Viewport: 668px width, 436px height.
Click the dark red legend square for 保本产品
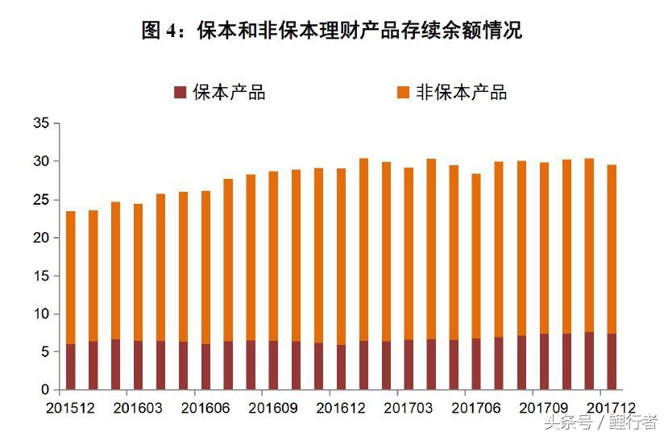(180, 92)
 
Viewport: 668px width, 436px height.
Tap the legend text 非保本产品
(461, 92)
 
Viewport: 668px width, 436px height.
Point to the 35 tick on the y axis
(41, 123)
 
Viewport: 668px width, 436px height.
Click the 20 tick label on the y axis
(41, 238)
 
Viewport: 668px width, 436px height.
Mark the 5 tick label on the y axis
(45, 352)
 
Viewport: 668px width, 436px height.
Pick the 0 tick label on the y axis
(45, 390)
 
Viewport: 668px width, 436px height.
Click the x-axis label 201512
(71, 409)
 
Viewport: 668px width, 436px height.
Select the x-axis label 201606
(206, 409)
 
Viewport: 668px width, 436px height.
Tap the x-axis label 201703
(409, 409)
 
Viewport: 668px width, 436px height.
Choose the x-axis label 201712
(612, 409)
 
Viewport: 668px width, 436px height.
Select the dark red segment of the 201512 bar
(71, 367)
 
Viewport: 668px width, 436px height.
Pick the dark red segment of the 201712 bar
(612, 362)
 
